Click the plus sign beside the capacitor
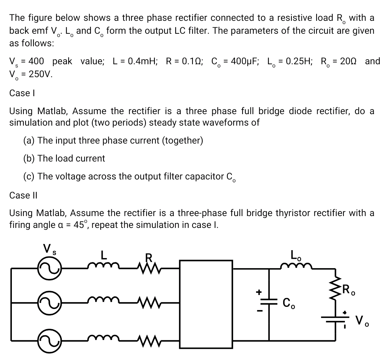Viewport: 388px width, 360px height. click(257, 292)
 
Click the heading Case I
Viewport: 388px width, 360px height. click(19, 93)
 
